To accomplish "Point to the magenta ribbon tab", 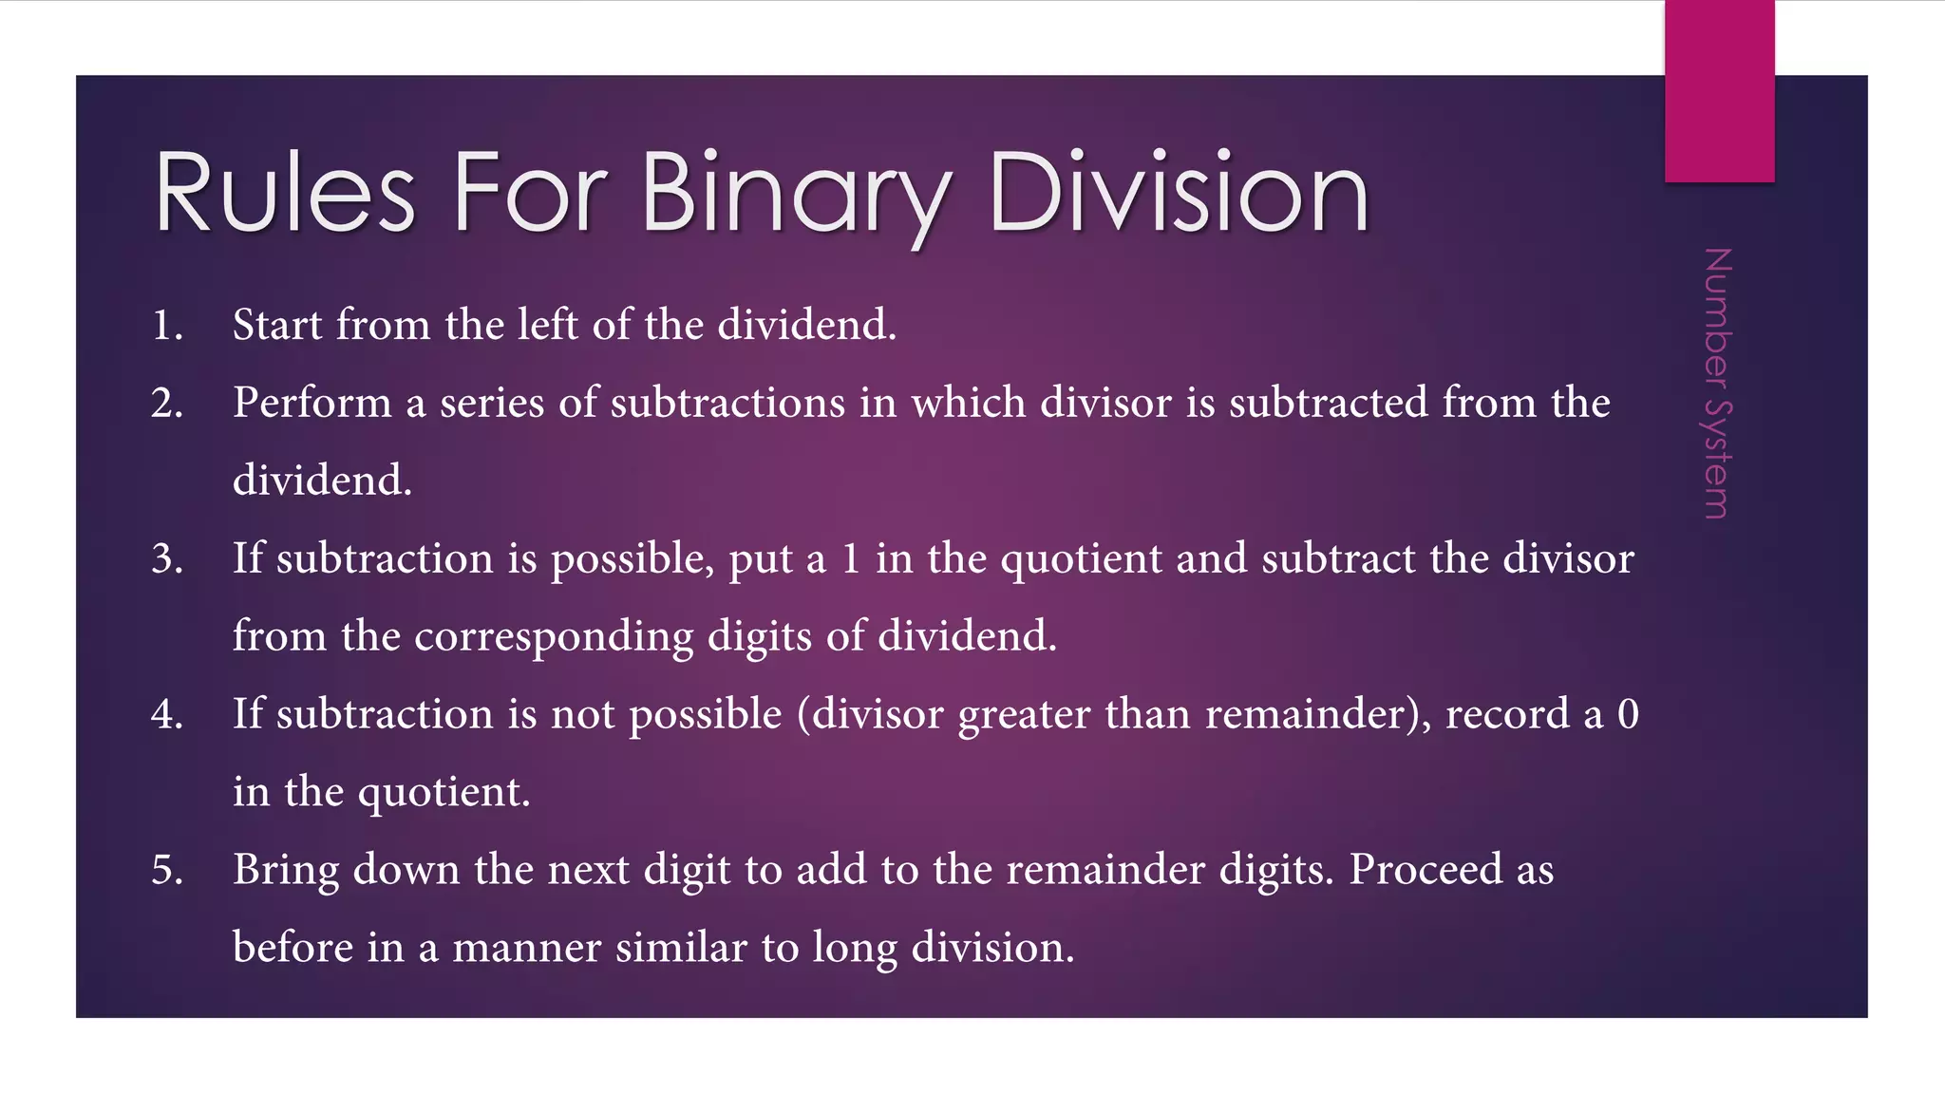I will [x=1719, y=91].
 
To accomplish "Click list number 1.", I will [x=166, y=326].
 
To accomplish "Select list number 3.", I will [x=166, y=559].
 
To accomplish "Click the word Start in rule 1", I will [x=277, y=326].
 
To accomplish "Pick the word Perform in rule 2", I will [x=312, y=404].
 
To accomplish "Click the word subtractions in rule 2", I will [x=727, y=404].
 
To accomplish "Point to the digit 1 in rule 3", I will [x=851, y=559].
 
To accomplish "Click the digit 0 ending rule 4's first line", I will [x=1628, y=715].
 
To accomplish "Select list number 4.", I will [x=166, y=715].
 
